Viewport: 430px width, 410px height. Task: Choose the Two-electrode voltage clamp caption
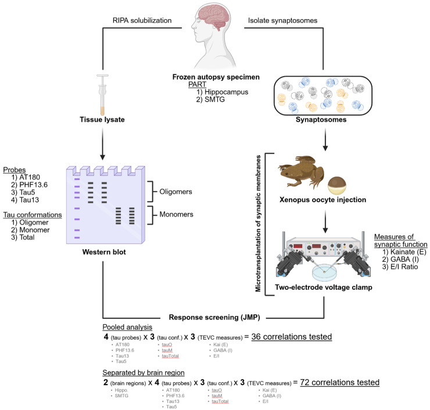(332, 287)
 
